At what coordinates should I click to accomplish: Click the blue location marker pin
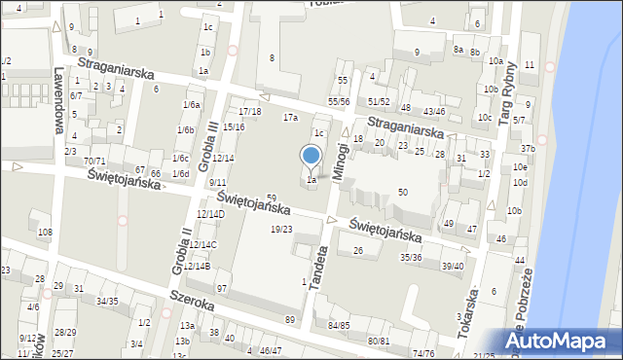coord(311,157)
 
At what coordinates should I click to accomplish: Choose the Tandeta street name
coord(316,266)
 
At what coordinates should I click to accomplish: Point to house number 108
coord(45,233)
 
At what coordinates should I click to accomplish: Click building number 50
coord(402,193)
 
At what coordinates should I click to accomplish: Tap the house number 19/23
coord(280,229)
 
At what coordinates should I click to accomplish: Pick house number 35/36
coord(411,257)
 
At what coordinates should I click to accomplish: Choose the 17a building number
coord(290,117)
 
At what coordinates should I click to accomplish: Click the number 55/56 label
coord(339,101)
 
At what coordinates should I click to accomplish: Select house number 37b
coord(528,148)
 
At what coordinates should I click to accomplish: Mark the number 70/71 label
coord(94,161)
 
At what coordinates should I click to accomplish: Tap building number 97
coord(222,288)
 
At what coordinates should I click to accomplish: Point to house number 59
coord(272,198)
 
